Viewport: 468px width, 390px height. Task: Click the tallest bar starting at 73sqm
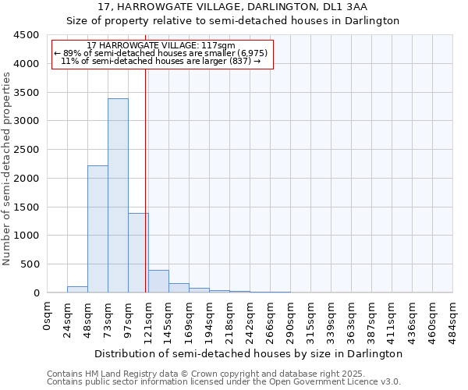click(118, 195)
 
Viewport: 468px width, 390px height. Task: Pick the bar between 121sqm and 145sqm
click(158, 282)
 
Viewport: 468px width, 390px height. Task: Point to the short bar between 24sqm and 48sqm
click(77, 289)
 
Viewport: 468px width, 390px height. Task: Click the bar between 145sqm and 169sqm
click(179, 288)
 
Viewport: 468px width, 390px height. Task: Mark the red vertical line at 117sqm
click(146, 179)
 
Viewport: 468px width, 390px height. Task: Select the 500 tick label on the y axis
click(30, 264)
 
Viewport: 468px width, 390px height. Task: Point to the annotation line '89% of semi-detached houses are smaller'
click(161, 53)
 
